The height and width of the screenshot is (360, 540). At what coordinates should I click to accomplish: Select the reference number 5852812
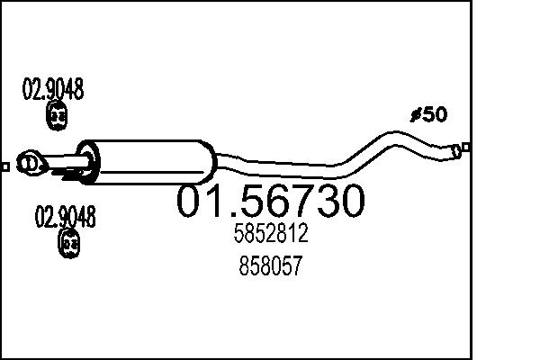[x=270, y=235]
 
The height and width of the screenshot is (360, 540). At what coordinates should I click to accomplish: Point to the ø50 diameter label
[x=428, y=115]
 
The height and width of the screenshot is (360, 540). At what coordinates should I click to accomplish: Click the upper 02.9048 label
[x=53, y=90]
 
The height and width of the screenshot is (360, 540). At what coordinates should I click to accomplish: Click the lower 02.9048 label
[x=65, y=217]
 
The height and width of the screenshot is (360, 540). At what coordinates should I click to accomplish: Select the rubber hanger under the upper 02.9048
[x=57, y=116]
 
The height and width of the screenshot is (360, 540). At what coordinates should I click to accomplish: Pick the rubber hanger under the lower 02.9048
[x=68, y=242]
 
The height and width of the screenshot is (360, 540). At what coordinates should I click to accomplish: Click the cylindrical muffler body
[x=148, y=159]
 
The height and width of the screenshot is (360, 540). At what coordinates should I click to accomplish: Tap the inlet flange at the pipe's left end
[x=32, y=163]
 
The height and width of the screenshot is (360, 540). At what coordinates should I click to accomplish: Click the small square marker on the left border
[x=5, y=166]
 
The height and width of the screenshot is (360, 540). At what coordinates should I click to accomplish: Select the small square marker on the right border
[x=465, y=147]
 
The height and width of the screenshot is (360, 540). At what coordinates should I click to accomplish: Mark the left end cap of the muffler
[x=88, y=159]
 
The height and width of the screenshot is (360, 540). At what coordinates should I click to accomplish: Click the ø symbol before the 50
[x=415, y=115]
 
